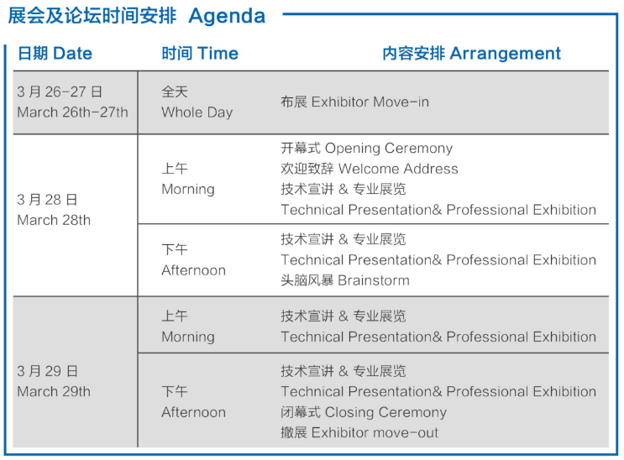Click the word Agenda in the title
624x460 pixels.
coord(227,17)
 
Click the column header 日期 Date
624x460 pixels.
coord(55,54)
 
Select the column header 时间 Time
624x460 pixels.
coord(200,54)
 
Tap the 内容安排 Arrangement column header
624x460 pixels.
coord(472,54)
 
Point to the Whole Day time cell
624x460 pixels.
coord(197,112)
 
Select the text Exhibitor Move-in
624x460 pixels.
coord(370,102)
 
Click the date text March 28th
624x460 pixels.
coord(54,220)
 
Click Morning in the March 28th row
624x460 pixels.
coord(188,189)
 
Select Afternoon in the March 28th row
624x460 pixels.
coord(193,270)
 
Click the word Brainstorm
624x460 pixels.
coord(373,280)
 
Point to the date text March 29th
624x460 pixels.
coord(54,391)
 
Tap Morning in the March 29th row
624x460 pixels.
coord(188,337)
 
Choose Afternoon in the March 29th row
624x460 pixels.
coord(193,412)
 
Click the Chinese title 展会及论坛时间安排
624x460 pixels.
coord(92,16)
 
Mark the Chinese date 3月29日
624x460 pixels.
coord(47,371)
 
